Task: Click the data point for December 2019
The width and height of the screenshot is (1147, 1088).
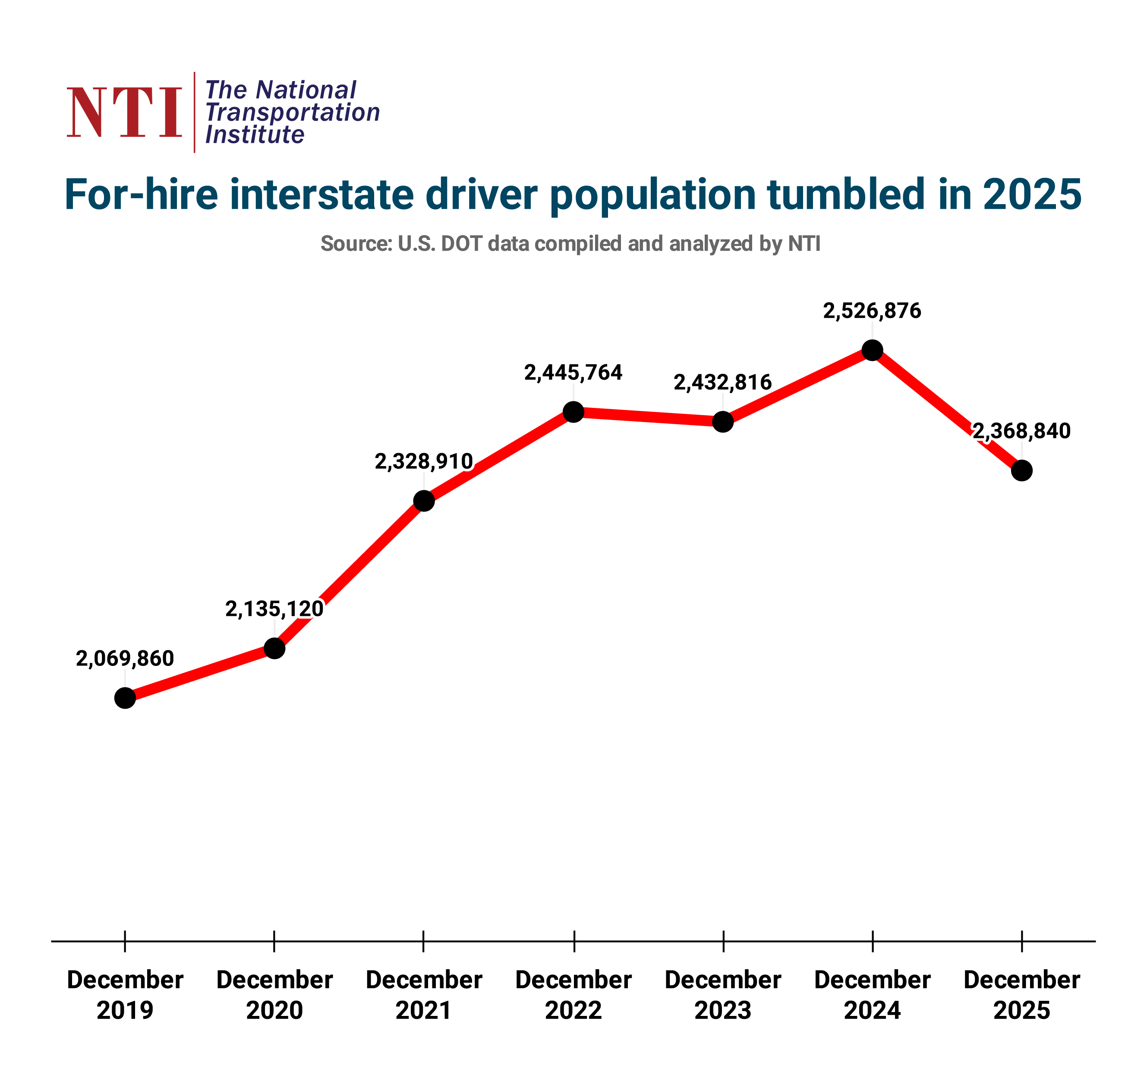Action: (125, 698)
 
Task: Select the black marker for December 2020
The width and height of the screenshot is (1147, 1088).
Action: (274, 648)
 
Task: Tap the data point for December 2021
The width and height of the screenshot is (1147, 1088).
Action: (424, 501)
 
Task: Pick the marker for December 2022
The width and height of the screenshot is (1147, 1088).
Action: (573, 412)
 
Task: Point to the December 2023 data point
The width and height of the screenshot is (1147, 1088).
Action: (722, 422)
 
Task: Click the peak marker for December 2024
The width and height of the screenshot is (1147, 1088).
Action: (872, 350)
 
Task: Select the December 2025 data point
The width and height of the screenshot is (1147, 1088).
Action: (1022, 470)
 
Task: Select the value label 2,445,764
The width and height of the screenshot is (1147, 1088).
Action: (573, 373)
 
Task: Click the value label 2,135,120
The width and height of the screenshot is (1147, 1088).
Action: (274, 609)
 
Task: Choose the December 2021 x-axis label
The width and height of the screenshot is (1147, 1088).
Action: (424, 995)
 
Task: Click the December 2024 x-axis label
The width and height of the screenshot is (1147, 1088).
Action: (872, 995)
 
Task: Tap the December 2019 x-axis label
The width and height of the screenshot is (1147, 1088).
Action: (125, 995)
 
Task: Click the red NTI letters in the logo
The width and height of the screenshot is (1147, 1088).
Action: (125, 113)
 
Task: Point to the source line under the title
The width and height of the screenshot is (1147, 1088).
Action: (570, 243)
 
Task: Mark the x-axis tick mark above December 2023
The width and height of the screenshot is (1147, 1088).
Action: (723, 941)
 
